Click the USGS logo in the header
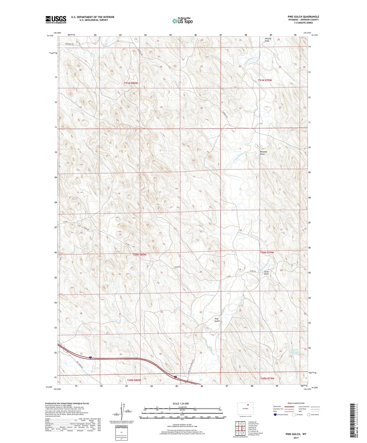tap(56, 20)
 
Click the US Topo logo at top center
tap(182, 21)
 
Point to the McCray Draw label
tap(268, 40)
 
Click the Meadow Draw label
tap(264, 153)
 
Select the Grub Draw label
tap(266, 273)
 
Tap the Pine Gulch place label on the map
tap(217, 320)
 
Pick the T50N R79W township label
tap(267, 252)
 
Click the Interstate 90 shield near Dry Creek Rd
tap(90, 358)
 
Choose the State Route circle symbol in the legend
tap(309, 415)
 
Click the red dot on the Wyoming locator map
tap(248, 405)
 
